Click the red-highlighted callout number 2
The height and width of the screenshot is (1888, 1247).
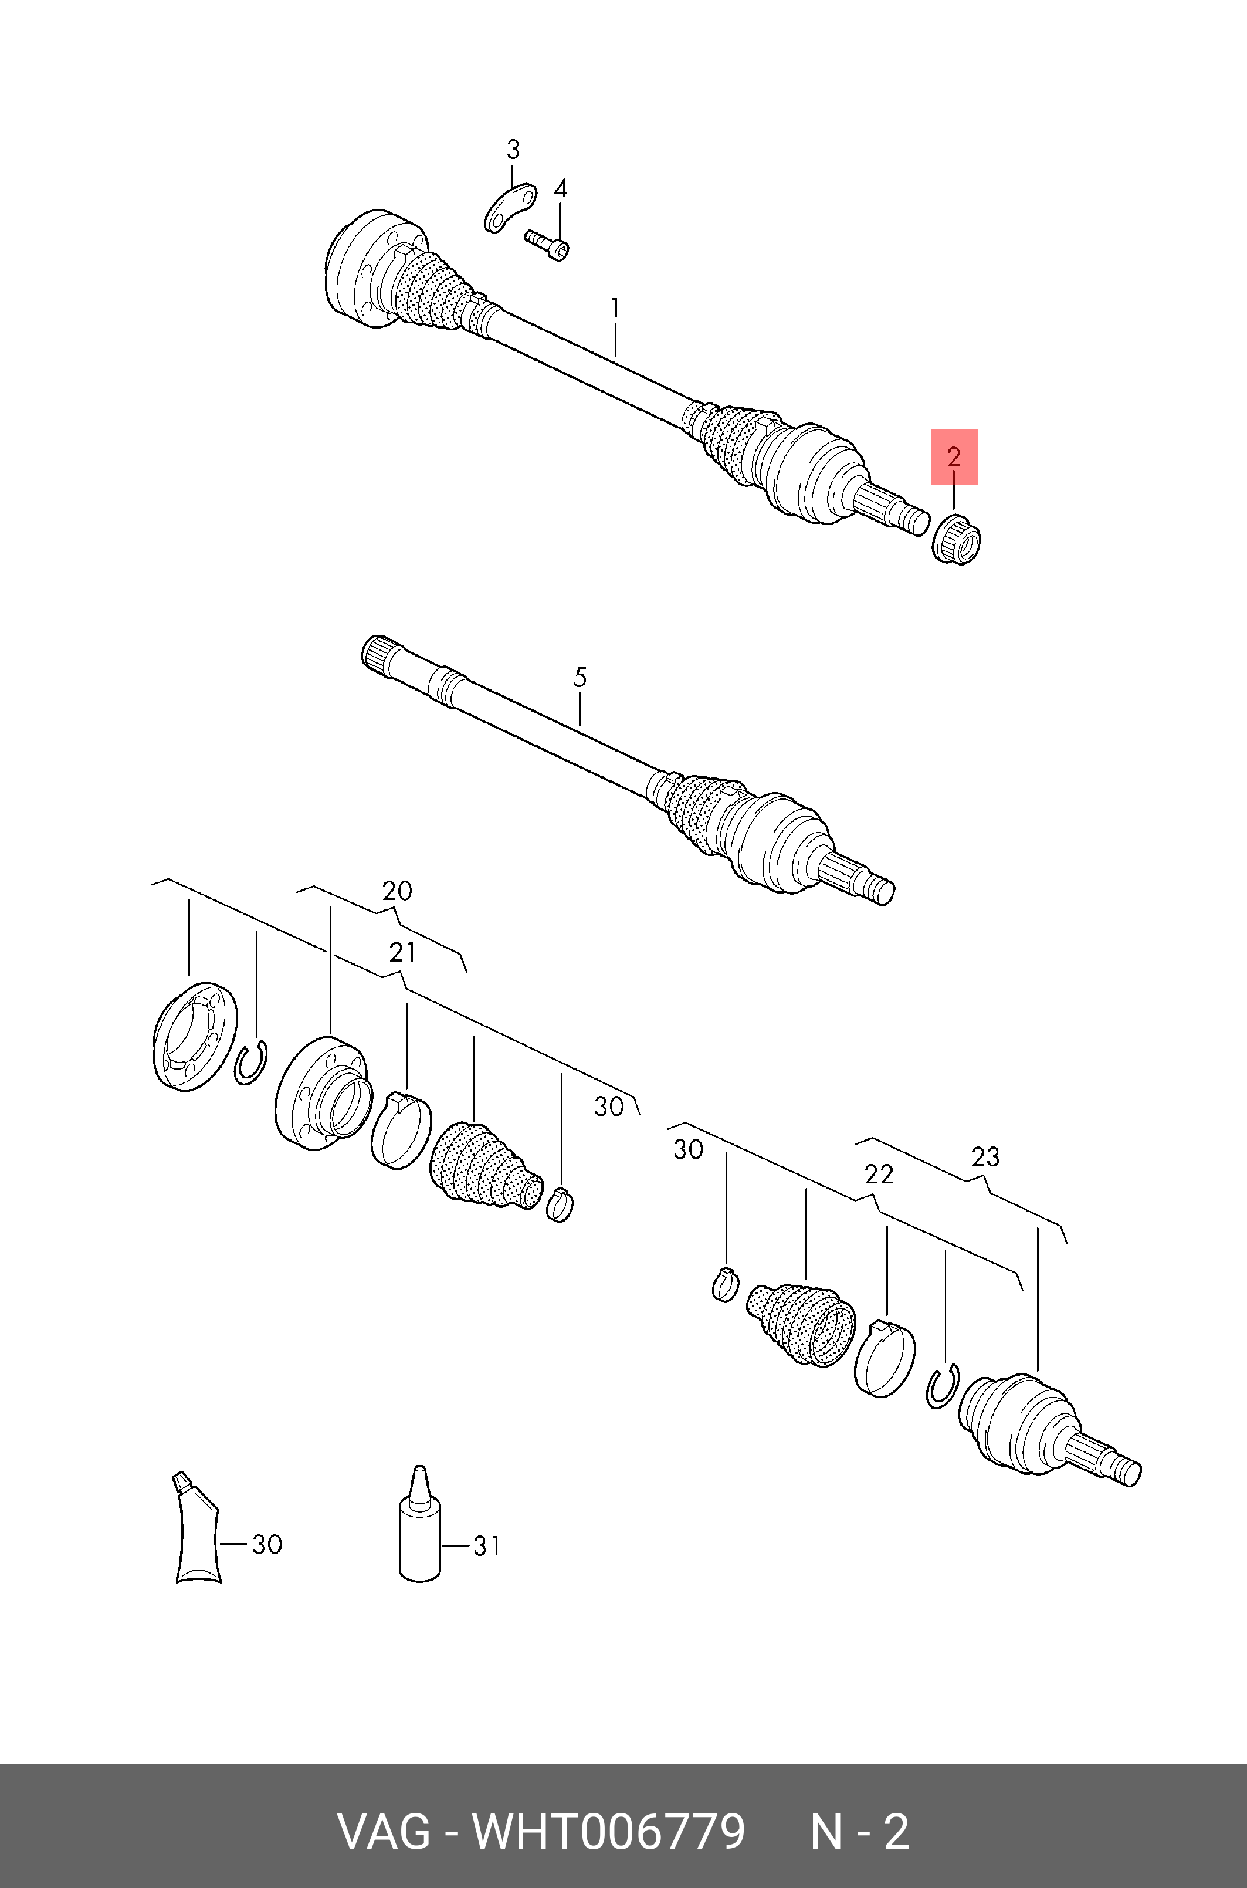coord(954,456)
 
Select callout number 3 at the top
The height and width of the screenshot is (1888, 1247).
coord(513,150)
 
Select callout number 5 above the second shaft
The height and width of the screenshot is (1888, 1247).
coord(580,678)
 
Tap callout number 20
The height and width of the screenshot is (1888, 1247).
coord(397,891)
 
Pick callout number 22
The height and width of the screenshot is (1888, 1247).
coord(879,1175)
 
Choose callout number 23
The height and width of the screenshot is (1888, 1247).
coord(985,1156)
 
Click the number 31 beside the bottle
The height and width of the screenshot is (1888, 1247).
coord(487,1546)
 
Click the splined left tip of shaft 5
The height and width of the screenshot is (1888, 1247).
coord(377,656)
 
